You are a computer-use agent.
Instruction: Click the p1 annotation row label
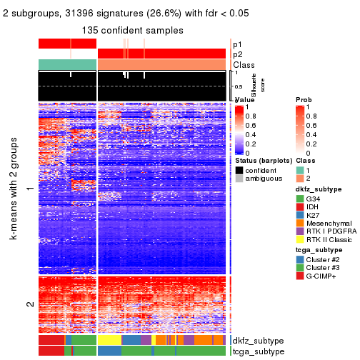click(x=238, y=44)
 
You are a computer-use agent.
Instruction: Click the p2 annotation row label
click(x=238, y=54)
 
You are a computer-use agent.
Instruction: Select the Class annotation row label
click(x=244, y=64)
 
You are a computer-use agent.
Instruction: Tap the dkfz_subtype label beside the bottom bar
click(x=258, y=341)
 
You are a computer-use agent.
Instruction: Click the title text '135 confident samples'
click(x=132, y=31)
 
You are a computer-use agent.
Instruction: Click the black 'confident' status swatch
click(x=239, y=170)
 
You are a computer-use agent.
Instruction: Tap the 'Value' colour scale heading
click(x=244, y=100)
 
